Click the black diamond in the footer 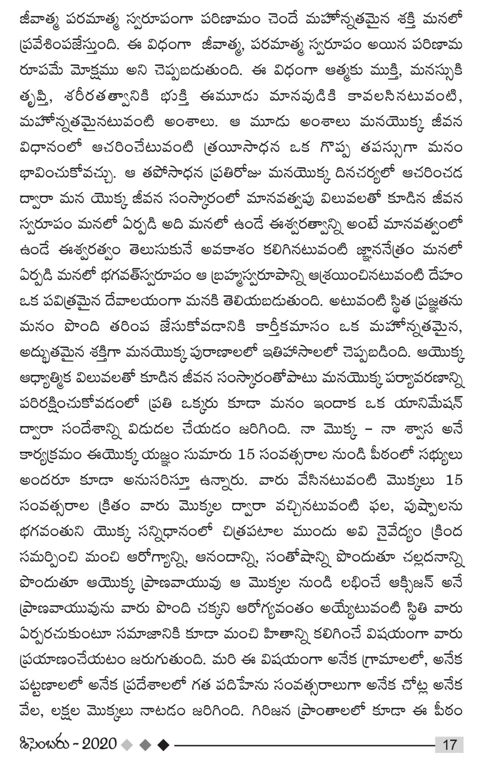click(x=163, y=736)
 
